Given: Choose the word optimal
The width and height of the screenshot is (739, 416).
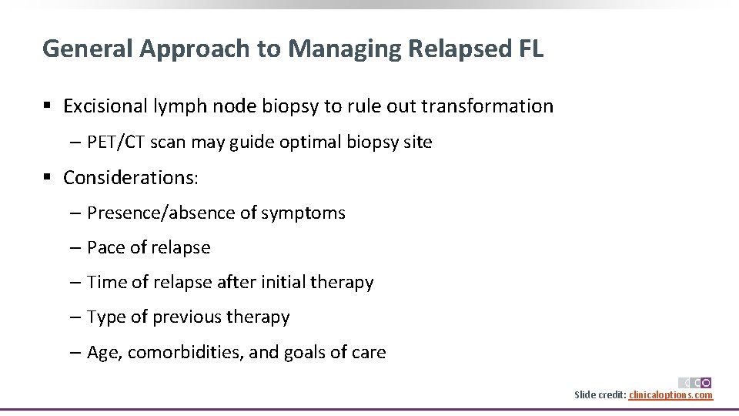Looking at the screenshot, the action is pyautogui.click(x=289, y=143).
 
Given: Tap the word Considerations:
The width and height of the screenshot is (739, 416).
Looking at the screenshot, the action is pyautogui.click(x=131, y=178).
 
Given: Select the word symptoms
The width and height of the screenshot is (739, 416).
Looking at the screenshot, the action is pyautogui.click(x=303, y=213).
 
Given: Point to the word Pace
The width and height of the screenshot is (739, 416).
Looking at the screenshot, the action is pyautogui.click(x=105, y=248).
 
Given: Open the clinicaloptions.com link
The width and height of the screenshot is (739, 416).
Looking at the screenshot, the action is pyautogui.click(x=670, y=395).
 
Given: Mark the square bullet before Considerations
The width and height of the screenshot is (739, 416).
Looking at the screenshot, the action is pyautogui.click(x=48, y=178).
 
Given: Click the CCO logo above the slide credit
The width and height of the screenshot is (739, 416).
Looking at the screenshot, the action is pyautogui.click(x=695, y=383).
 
